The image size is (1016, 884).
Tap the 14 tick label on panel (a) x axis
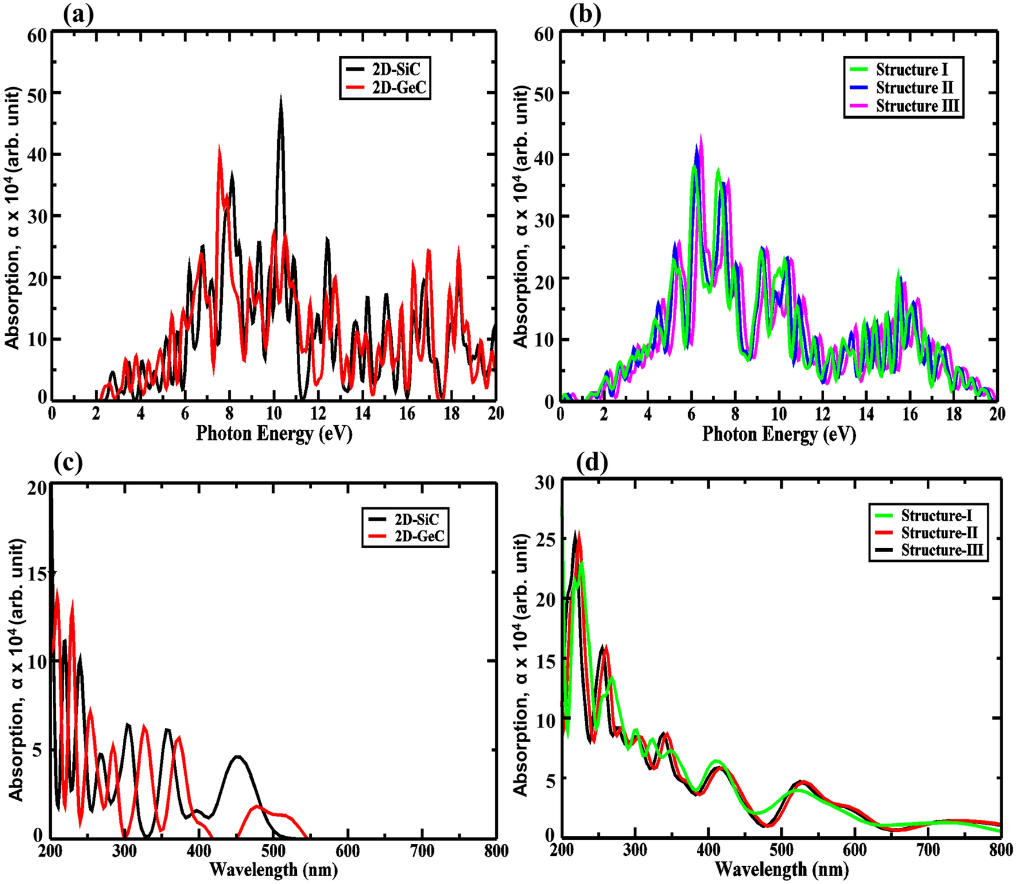click(x=363, y=414)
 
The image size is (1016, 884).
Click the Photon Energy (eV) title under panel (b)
click(x=779, y=435)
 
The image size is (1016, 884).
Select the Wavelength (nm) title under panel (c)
click(x=273, y=870)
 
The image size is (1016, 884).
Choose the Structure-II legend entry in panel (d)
click(x=939, y=533)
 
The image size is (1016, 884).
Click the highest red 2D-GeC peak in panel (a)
click(x=219, y=147)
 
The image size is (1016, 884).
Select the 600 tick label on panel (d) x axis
click(x=854, y=851)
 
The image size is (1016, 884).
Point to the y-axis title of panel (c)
click(x=15, y=669)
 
